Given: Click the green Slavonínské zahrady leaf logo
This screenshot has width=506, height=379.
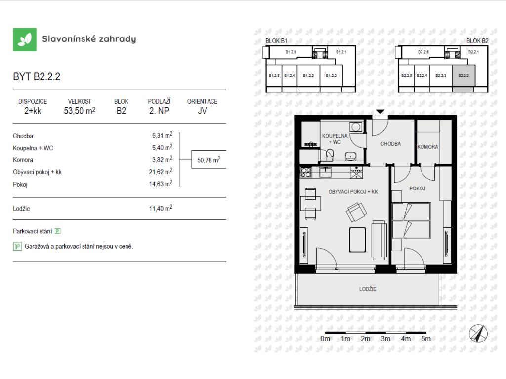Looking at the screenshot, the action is pos(25,39).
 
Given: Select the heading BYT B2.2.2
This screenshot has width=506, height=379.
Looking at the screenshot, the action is pos(37,76).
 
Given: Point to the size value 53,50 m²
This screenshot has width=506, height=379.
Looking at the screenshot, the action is pos(80,111).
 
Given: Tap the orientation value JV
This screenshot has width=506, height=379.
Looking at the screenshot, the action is pos(202,111).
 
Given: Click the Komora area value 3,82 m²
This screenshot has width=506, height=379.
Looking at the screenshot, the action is pos(162,159).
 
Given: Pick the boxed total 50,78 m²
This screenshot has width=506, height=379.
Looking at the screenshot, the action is pos(209,159).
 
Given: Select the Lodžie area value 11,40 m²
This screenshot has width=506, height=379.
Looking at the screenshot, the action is pos(161,208).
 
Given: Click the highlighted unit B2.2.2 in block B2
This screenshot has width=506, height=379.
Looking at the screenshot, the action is pos(464,76).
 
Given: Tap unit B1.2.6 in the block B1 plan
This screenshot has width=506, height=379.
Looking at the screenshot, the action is pos(291,52).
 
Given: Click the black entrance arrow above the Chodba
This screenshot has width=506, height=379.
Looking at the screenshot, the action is pos(380,112).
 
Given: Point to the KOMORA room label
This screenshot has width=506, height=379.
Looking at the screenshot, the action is pos(427,147).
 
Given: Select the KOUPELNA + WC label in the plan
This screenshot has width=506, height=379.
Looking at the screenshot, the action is pos(335,139).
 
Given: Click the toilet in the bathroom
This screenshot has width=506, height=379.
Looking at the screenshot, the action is pos(330,154).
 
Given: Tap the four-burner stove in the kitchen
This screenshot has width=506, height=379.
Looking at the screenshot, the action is pos(306,172).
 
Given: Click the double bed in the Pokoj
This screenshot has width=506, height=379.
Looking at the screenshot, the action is pos(411,221).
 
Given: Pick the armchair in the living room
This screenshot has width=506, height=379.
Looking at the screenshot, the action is pos(356,212).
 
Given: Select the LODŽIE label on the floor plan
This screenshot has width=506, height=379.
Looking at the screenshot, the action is pos(368,289).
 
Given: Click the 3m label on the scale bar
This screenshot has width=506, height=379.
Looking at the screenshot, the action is pos(385,339).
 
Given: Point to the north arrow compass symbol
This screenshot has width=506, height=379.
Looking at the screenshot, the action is pos(478,334).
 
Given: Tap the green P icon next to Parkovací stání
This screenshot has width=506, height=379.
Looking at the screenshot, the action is pos(58,231).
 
